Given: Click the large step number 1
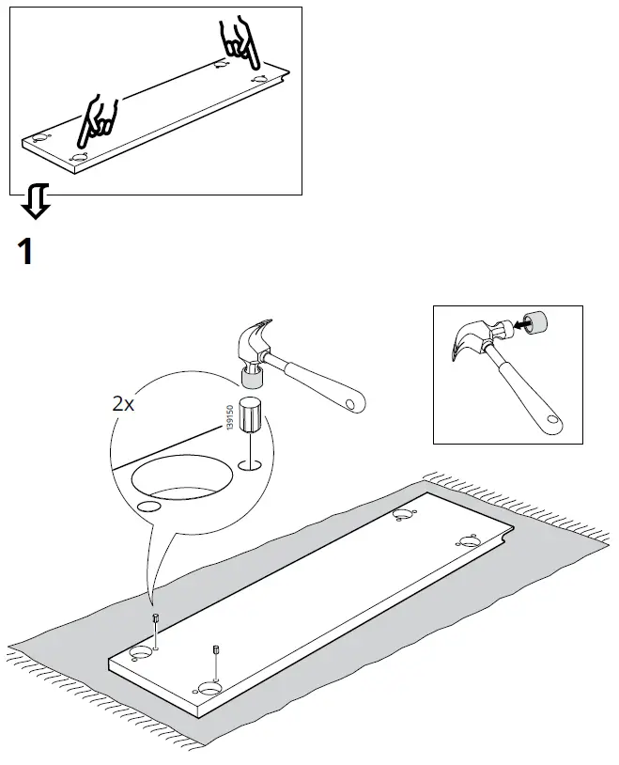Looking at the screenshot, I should pyautogui.click(x=26, y=252).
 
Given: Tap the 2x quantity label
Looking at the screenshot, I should pyautogui.click(x=123, y=404).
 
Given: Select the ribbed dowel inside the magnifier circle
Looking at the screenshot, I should pyautogui.click(x=251, y=415).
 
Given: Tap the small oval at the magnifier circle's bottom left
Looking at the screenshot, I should pyautogui.click(x=147, y=506).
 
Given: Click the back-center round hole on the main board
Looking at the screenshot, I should pyautogui.click(x=405, y=514).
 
